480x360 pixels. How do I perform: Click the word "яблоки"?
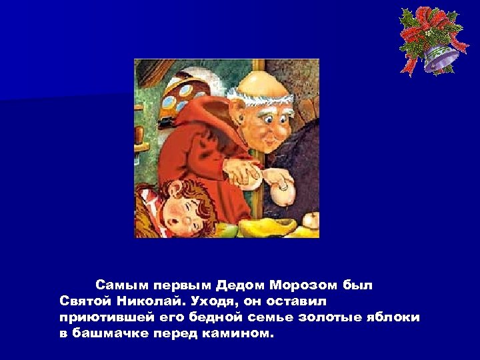[x=393, y=317]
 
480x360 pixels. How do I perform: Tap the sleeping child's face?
[x=182, y=214]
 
